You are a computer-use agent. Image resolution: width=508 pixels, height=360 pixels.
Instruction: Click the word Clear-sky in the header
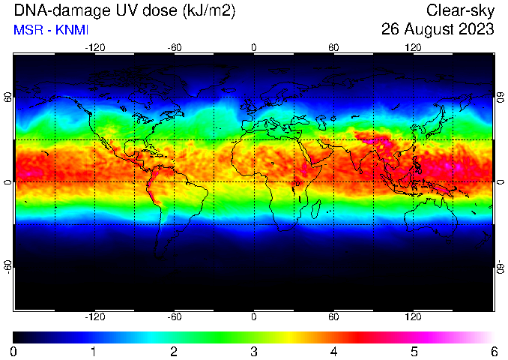[460, 11]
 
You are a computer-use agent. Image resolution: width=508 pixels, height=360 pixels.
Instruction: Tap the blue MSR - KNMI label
[51, 30]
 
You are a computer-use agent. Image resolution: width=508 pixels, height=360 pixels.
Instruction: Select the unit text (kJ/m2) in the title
[209, 11]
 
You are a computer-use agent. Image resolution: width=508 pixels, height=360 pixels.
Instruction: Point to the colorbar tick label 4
[333, 352]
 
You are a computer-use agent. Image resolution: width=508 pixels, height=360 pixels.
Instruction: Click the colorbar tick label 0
[13, 352]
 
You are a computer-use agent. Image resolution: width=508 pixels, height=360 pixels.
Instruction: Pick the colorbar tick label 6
[494, 352]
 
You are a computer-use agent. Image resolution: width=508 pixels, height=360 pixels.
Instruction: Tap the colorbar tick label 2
[174, 352]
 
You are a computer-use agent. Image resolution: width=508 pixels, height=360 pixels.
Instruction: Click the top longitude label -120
[95, 48]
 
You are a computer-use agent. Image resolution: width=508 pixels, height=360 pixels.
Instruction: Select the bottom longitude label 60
[333, 316]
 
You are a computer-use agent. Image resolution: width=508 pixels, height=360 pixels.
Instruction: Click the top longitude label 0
[254, 48]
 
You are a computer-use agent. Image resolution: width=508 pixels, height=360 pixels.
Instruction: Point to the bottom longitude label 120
[413, 316]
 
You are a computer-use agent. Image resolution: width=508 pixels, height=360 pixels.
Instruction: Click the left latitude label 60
[7, 97]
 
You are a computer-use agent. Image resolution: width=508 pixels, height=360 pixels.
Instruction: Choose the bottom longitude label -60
[175, 316]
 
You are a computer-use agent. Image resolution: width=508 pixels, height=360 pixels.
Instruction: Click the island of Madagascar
[316, 209]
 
